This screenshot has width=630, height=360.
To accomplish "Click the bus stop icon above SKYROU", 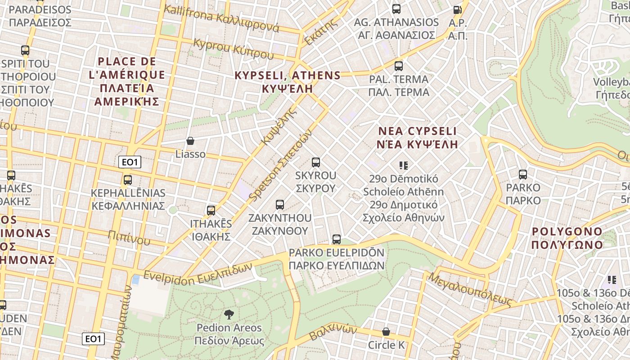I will pos(316,162).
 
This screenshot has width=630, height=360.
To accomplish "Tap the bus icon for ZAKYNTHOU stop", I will pos(280,205).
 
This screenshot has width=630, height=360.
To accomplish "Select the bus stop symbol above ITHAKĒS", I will pos(211,210).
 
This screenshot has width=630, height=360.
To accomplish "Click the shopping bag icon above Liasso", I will pos(190,141).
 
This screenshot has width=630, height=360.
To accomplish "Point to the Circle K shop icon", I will pos(386,332).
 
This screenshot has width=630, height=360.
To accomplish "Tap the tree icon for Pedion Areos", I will pos(229,314).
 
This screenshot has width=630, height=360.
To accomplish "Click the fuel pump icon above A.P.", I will pos(457,9).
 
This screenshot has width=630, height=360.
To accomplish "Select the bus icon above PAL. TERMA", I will pos(398,66).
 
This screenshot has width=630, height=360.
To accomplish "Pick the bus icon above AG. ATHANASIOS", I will pos(396,9).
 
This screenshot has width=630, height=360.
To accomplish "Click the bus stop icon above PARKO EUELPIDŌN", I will pos(337,239).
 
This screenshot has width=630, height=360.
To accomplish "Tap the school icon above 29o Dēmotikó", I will pos(404,166).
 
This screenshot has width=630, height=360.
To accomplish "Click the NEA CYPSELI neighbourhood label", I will pos(418,138).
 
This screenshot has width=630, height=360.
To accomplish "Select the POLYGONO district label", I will pos(567,238).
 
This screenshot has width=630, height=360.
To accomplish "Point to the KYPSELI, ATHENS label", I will pos(288,81).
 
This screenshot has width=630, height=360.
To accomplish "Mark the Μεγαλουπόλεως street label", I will pos(471,288).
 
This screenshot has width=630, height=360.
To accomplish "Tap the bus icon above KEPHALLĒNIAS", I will pos(128,180).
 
